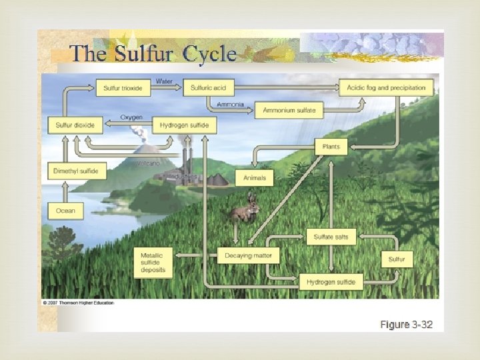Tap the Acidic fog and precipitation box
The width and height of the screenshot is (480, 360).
pos(386,87)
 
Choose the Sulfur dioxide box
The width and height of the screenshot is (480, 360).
pos(75,125)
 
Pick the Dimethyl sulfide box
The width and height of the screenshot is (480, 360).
pos(75,171)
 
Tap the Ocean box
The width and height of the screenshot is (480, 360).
pos(66,211)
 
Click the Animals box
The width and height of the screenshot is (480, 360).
pos(254,178)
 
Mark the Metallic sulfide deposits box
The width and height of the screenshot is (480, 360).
pos(153,263)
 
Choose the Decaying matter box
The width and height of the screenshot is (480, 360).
pos(248,255)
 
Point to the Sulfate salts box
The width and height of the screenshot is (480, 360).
pos(331,236)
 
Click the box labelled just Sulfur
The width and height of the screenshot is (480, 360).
pos(396,259)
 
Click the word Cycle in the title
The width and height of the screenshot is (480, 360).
pos(209,53)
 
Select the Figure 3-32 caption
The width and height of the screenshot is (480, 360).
pos(406,325)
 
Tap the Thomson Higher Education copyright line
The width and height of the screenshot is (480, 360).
pos(78,303)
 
